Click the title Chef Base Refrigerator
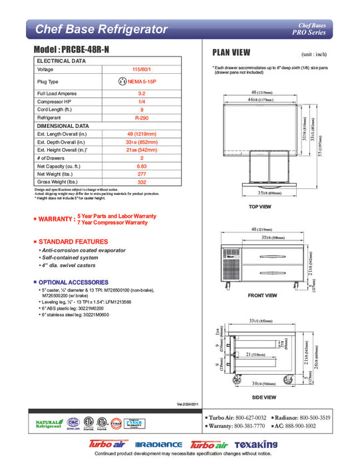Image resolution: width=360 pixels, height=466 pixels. pyautogui.click(x=100, y=29)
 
